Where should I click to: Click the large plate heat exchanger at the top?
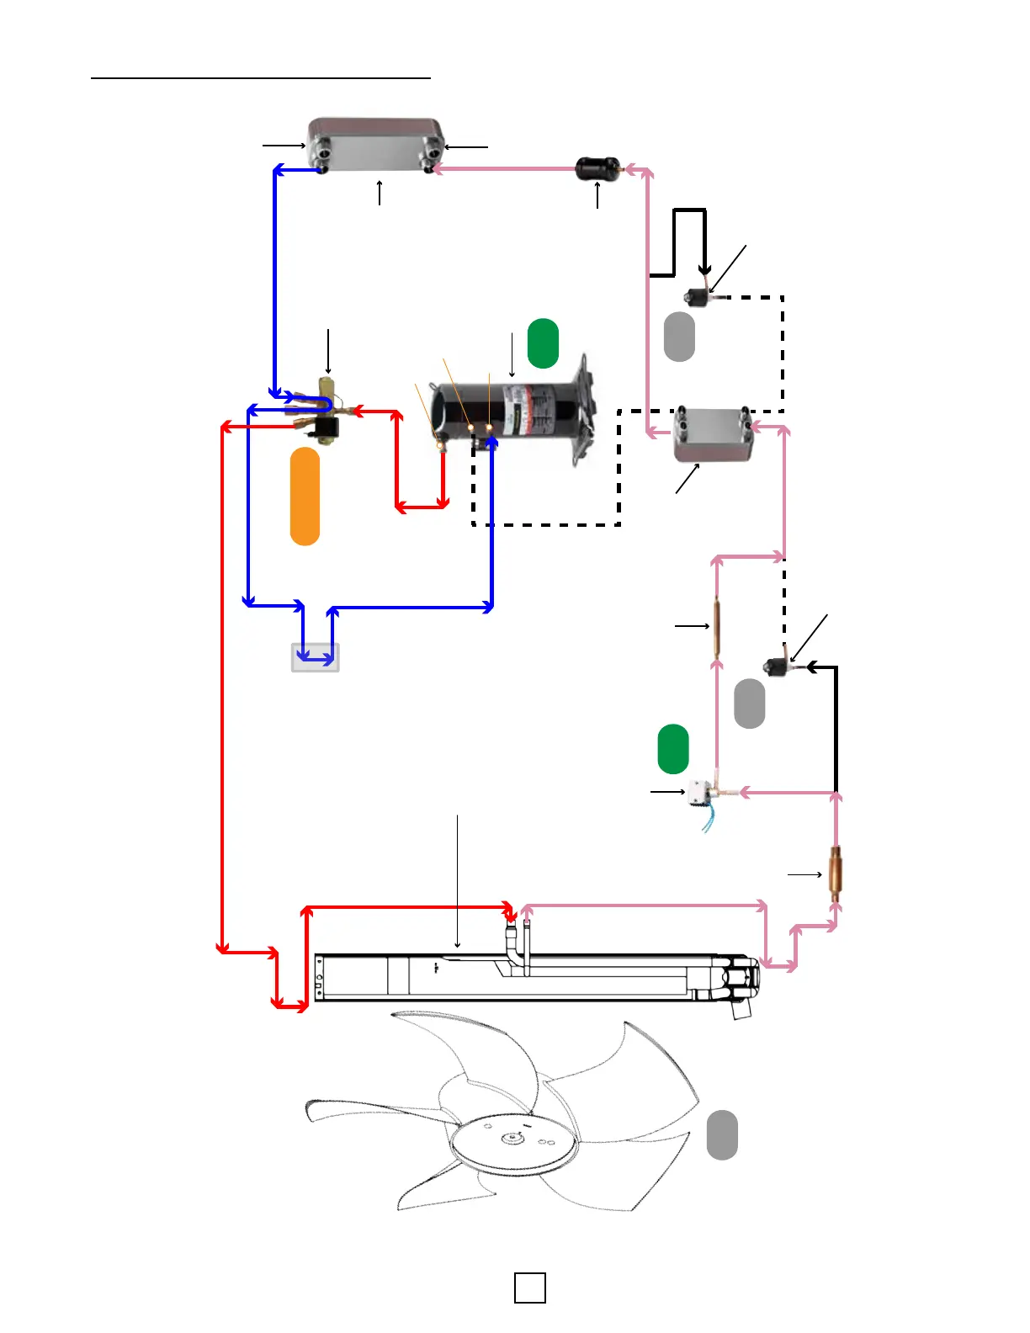tap(375, 144)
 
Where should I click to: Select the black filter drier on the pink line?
tap(597, 168)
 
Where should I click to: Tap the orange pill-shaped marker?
tap(305, 497)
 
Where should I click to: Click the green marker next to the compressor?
tap(543, 343)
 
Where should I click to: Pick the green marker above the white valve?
tap(672, 748)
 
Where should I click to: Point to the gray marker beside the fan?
tap(722, 1134)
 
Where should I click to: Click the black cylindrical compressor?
tap(505, 412)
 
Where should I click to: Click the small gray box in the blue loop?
tap(316, 657)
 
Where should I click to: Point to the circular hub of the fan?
tap(514, 1139)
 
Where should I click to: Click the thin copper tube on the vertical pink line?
tap(717, 625)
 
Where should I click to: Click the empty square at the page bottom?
tap(529, 1288)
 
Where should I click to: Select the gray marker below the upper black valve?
tap(679, 337)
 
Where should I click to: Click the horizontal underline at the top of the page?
tap(261, 78)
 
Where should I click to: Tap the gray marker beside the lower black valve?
tap(749, 704)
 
